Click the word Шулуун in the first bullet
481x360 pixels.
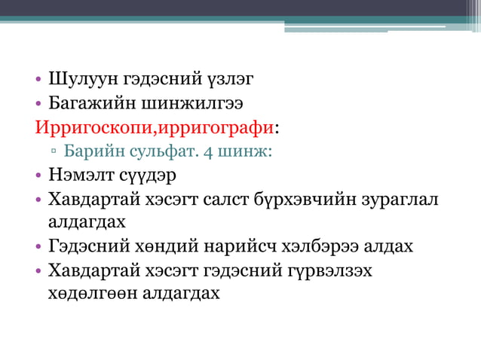tap(79, 78)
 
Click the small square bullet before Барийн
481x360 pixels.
tap(54, 151)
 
